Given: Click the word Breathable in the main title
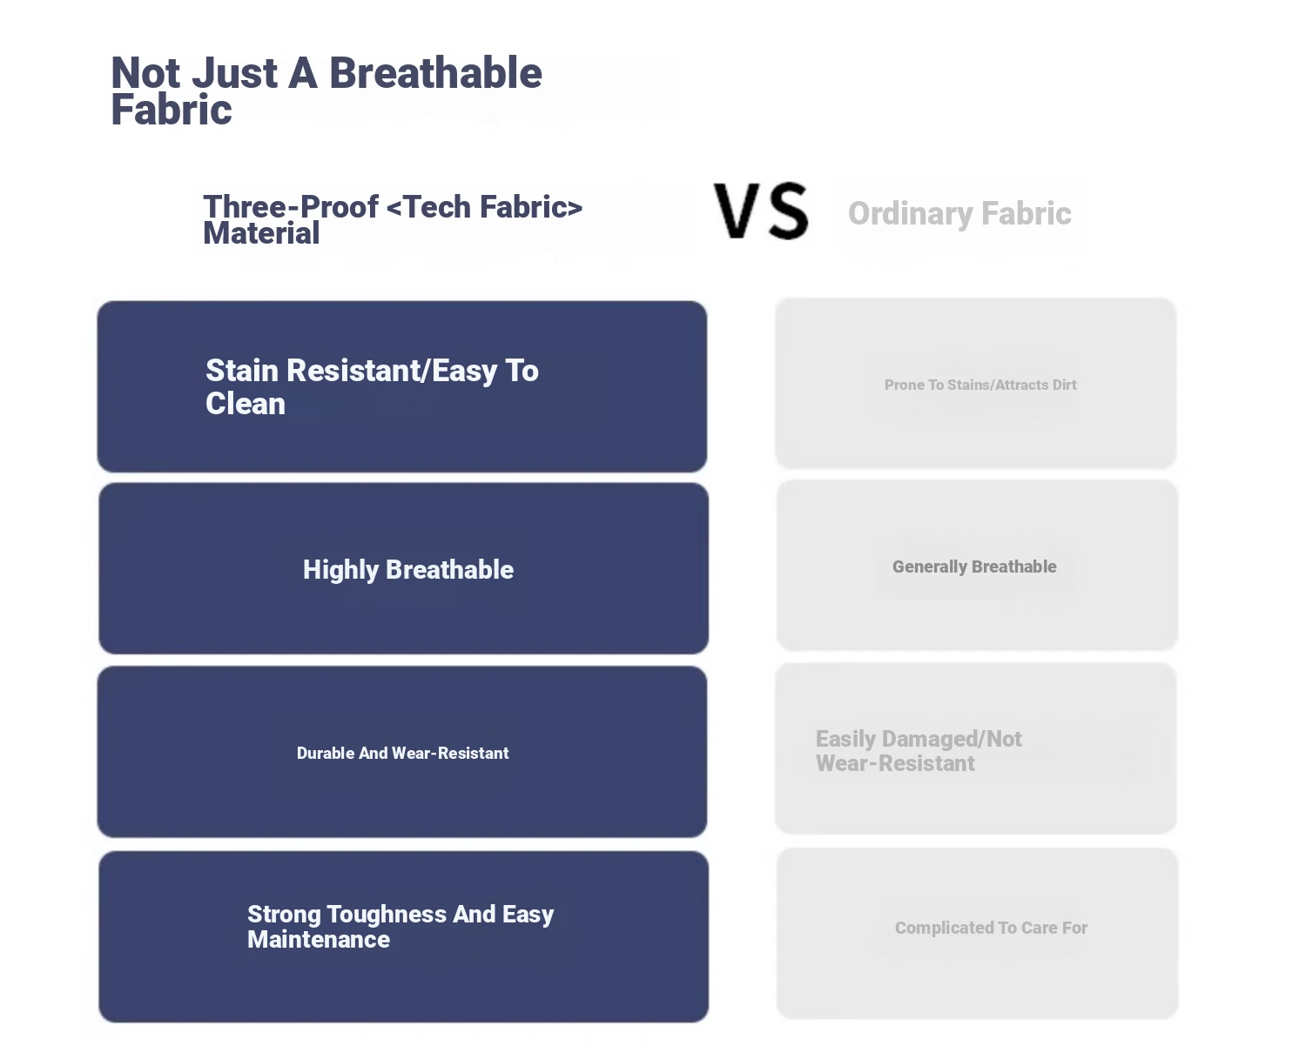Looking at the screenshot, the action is [x=435, y=73].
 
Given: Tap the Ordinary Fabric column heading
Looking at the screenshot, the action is [x=959, y=213].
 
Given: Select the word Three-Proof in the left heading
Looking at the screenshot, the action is [x=291, y=207].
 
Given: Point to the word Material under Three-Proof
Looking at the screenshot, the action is [x=261, y=233].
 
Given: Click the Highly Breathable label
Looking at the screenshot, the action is [x=408, y=570].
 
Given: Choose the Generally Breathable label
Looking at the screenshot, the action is [x=974, y=567].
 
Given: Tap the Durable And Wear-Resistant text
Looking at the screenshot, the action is [x=402, y=753].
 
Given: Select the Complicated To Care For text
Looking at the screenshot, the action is [x=991, y=928].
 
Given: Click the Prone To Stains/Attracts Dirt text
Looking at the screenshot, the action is [x=980, y=385].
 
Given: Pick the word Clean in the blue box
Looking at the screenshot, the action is [x=246, y=404].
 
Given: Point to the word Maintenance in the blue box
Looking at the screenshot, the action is [x=319, y=940].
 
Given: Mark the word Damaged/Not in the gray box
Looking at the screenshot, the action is [x=952, y=739].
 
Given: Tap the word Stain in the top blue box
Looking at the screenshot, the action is [x=243, y=370].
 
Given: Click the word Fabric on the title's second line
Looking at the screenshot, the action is [x=172, y=110].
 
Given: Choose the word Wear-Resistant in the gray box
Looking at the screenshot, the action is [x=895, y=763].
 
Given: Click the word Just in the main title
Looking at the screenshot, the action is [x=235, y=73].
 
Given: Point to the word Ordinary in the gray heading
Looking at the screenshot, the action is [x=911, y=213].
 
